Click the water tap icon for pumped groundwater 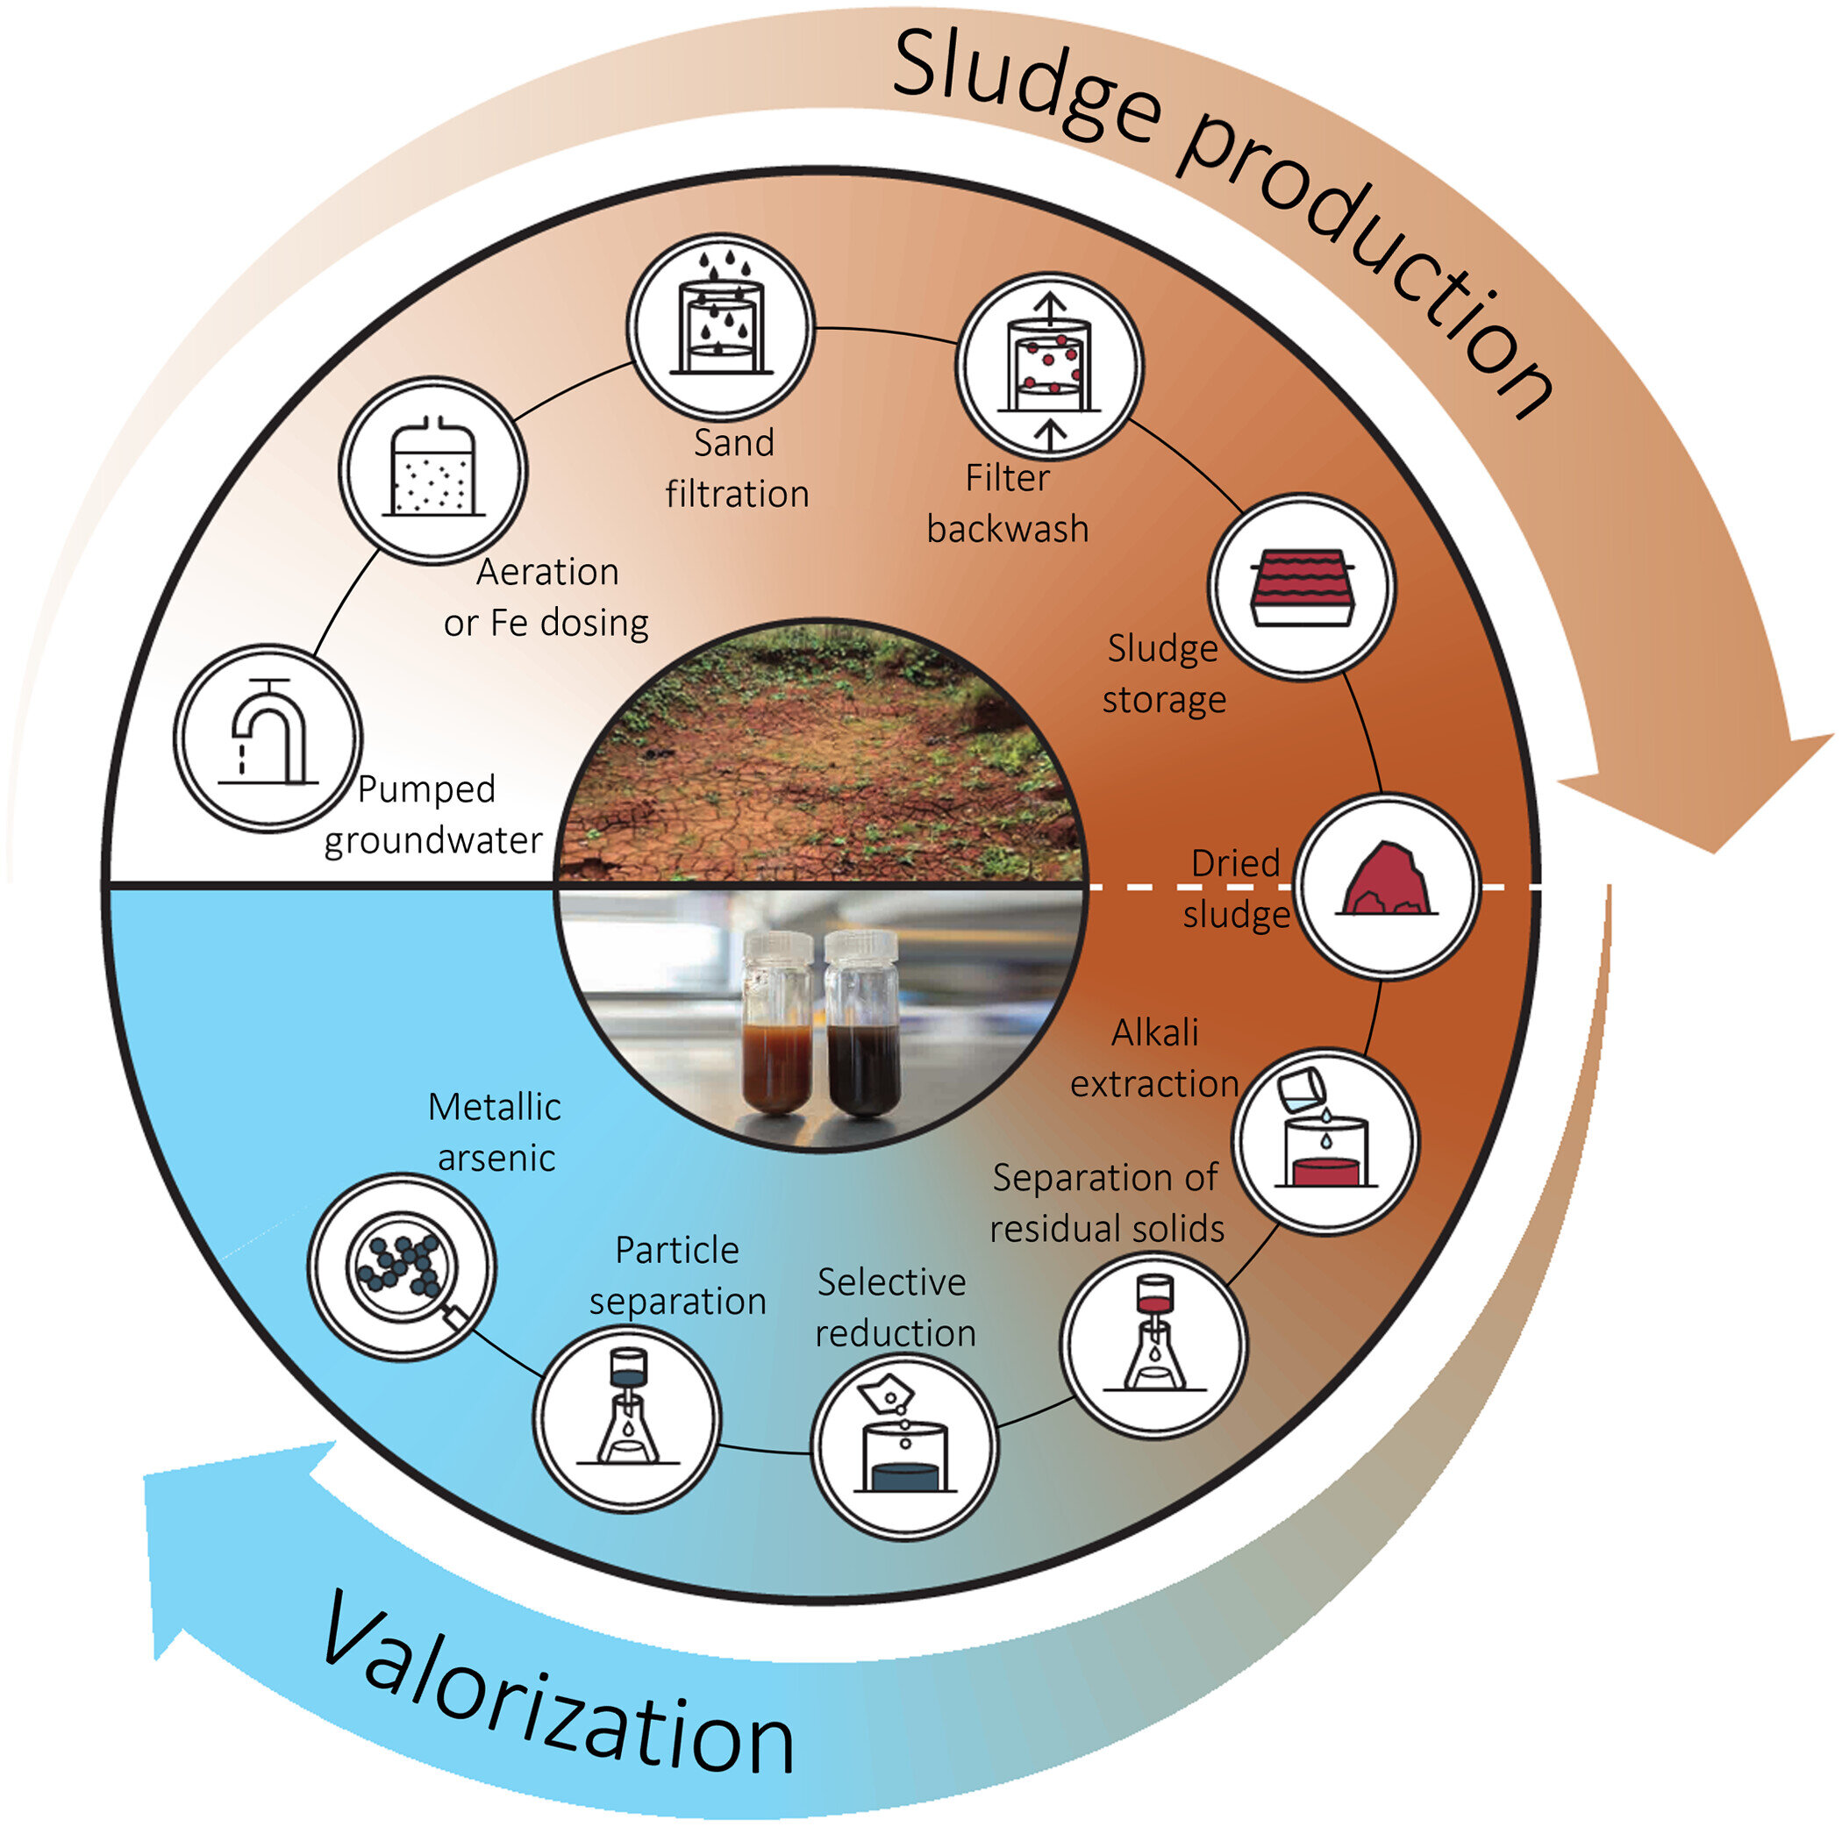[x=268, y=737]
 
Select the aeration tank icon [x=434, y=471]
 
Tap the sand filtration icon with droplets [x=721, y=325]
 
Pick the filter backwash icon [x=1049, y=368]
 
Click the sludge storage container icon [x=1303, y=588]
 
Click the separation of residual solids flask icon [x=1154, y=1343]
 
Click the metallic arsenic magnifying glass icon [x=402, y=1266]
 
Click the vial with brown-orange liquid [x=777, y=1026]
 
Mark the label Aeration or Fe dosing [x=546, y=597]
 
